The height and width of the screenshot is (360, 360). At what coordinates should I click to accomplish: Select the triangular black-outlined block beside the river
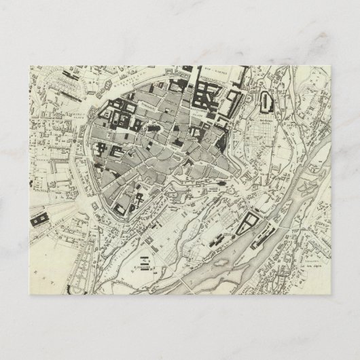249,221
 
